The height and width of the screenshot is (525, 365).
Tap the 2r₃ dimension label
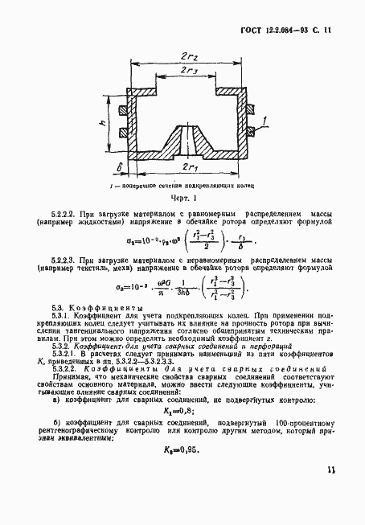(x=190, y=72)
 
